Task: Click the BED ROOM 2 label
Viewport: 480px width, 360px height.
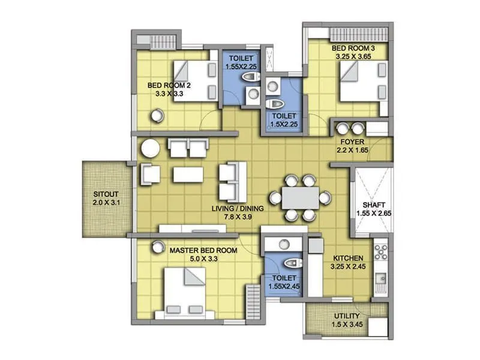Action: [x=164, y=85]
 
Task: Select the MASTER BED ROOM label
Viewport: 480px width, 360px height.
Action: [x=203, y=250]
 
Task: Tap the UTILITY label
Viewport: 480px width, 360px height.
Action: [x=347, y=316]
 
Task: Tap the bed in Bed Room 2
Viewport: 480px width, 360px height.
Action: [x=196, y=80]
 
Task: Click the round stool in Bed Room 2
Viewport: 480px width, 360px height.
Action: [x=157, y=115]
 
